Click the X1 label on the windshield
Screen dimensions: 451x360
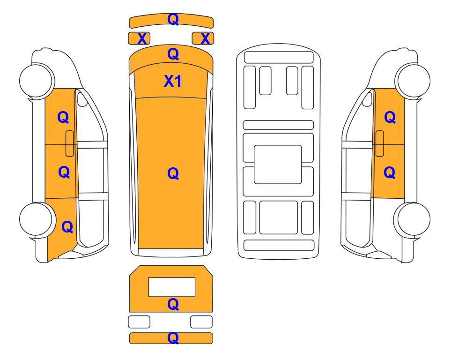pyautogui.click(x=172, y=81)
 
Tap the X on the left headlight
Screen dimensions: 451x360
pyautogui.click(x=142, y=38)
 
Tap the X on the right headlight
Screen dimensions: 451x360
pyautogui.click(x=205, y=38)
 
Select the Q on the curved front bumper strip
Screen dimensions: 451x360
pyautogui.click(x=173, y=19)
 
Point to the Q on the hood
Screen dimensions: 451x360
pyautogui.click(x=173, y=54)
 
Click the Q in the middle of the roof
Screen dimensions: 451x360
pyautogui.click(x=173, y=173)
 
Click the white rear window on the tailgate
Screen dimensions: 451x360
pyautogui.click(x=172, y=287)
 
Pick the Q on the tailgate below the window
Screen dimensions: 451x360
pyautogui.click(x=173, y=304)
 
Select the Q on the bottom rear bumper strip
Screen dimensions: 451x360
pyautogui.click(x=173, y=338)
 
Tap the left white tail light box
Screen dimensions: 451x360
pyautogui.click(x=139, y=322)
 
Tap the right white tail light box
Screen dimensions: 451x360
pyautogui.click(x=201, y=322)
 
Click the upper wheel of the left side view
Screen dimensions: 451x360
pyautogui.click(x=37, y=80)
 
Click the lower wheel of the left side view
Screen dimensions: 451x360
pyautogui.click(x=37, y=219)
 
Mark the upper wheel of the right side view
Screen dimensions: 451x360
pyautogui.click(x=413, y=80)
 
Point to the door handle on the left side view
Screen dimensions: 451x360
pyautogui.click(x=70, y=143)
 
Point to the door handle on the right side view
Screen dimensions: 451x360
pyautogui.click(x=380, y=143)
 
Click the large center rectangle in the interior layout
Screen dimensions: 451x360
pyautogui.click(x=278, y=165)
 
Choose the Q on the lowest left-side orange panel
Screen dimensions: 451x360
pyautogui.click(x=67, y=227)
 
